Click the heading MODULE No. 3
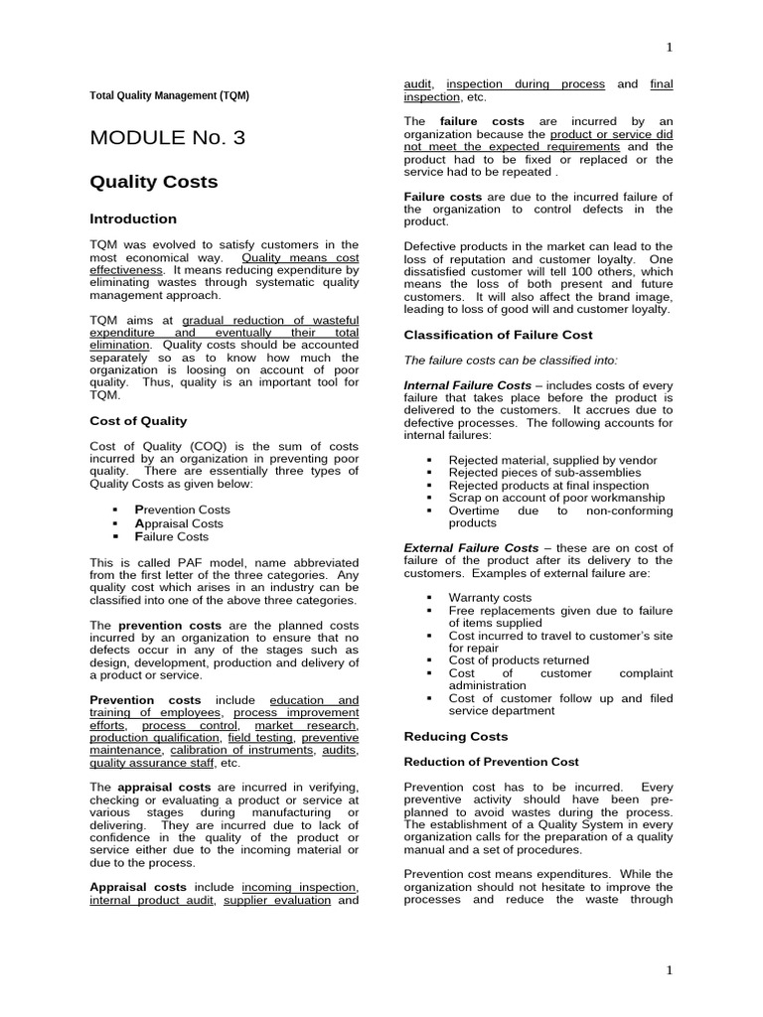(167, 138)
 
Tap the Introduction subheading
(133, 218)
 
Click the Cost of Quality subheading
(138, 420)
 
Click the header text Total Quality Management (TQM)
(170, 95)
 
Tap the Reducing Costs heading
(455, 736)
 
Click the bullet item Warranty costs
(490, 597)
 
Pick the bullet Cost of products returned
(519, 659)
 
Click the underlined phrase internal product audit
(151, 900)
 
